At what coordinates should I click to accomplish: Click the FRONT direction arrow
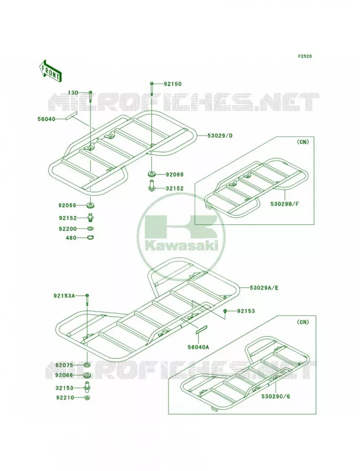(x=50, y=71)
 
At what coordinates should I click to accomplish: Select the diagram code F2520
(x=305, y=56)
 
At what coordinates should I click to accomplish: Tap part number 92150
(x=173, y=84)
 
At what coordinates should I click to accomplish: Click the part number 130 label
(x=72, y=93)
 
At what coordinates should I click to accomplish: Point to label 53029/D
(x=220, y=135)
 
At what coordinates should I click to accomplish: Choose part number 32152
(x=174, y=188)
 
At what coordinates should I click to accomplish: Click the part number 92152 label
(x=68, y=218)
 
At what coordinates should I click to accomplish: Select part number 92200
(x=68, y=229)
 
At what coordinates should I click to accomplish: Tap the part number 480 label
(x=71, y=238)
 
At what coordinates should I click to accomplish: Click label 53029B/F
(x=285, y=204)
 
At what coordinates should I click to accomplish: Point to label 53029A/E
(x=264, y=288)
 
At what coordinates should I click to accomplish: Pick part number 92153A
(x=64, y=296)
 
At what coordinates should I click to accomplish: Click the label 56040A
(x=198, y=347)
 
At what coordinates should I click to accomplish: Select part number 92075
(x=64, y=365)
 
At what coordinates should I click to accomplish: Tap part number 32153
(x=64, y=388)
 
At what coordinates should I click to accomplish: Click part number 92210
(x=64, y=398)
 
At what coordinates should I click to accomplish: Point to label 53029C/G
(x=276, y=396)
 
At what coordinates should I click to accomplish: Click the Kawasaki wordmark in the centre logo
(x=181, y=247)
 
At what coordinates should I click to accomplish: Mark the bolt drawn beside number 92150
(x=152, y=89)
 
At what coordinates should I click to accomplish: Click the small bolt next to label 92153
(x=224, y=311)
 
